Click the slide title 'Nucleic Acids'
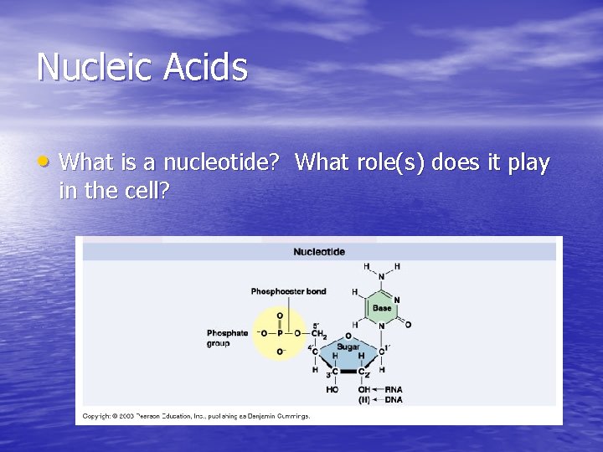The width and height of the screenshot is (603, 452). (142, 67)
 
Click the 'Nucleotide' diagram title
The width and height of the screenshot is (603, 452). (318, 252)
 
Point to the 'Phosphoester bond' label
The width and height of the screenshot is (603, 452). (288, 291)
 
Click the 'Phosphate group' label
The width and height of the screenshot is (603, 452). (228, 338)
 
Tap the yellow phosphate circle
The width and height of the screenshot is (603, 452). (280, 333)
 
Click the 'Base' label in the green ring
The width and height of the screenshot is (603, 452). (382, 308)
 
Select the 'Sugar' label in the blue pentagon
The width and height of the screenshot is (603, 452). (348, 346)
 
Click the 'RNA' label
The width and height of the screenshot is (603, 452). (393, 390)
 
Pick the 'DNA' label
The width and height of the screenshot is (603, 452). (393, 400)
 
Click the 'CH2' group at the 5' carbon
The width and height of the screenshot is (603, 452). (318, 333)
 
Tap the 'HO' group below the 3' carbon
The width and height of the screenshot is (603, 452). (332, 390)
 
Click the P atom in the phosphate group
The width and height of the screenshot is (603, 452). (280, 333)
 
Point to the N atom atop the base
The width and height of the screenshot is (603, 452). (381, 277)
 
